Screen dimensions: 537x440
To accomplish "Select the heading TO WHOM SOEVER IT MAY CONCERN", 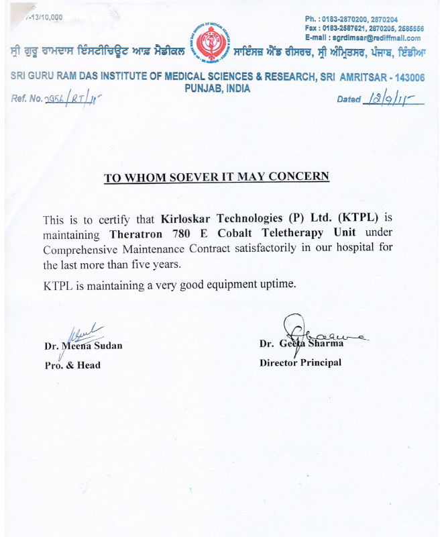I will (x=216, y=177).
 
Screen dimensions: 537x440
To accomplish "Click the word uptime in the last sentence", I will (x=276, y=284).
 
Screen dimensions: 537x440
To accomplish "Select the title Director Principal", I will (x=300, y=362).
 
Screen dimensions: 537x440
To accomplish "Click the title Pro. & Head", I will (x=72, y=364).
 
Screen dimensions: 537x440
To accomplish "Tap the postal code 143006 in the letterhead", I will (x=405, y=77).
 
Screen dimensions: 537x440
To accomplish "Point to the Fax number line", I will (x=364, y=28).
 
